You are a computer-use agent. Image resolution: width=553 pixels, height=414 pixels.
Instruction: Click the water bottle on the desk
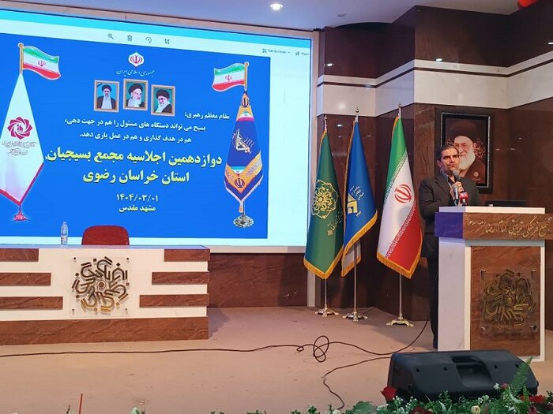(x=64, y=233)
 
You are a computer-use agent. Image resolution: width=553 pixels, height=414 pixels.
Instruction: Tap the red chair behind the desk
(x=105, y=235)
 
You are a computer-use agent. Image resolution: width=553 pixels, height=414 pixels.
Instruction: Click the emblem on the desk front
(x=101, y=284)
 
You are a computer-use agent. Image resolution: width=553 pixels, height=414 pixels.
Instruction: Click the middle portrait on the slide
(x=135, y=95)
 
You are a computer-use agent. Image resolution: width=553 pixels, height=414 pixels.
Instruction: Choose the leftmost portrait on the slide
(x=106, y=95)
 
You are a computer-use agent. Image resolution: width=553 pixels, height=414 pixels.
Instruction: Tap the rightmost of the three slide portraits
(x=163, y=100)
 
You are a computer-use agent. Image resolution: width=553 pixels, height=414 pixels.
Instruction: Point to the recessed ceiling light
(x=276, y=6)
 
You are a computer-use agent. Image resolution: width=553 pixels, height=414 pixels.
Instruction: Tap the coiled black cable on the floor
(x=319, y=347)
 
